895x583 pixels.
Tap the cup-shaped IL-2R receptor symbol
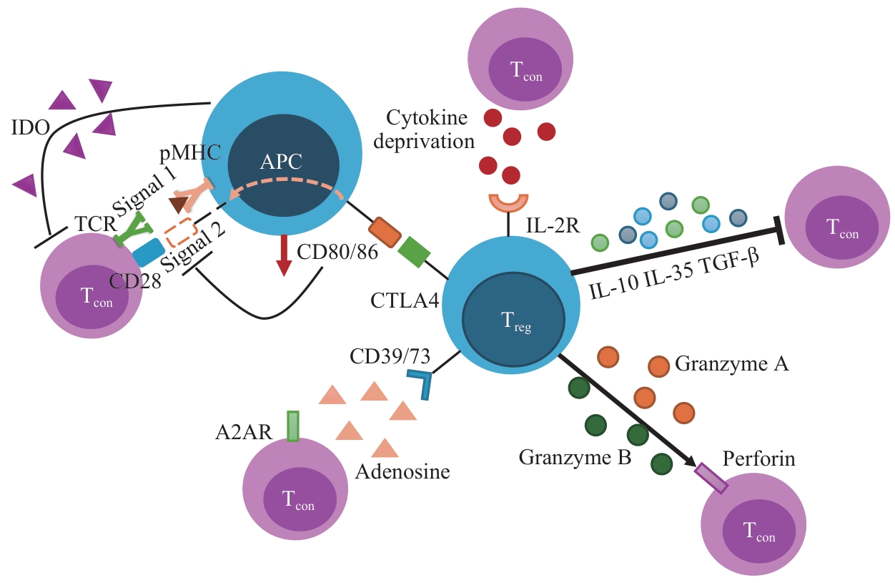pyautogui.click(x=508, y=203)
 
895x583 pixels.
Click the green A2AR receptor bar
pyautogui.click(x=292, y=426)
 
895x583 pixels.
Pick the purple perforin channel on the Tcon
pyautogui.click(x=711, y=478)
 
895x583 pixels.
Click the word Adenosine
pyautogui.click(x=403, y=471)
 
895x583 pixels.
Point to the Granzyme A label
pyautogui.click(x=731, y=364)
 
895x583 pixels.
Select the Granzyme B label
pyautogui.click(x=575, y=456)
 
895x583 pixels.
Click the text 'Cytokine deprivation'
pyautogui.click(x=430, y=129)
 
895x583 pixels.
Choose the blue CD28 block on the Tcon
pyautogui.click(x=148, y=252)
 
